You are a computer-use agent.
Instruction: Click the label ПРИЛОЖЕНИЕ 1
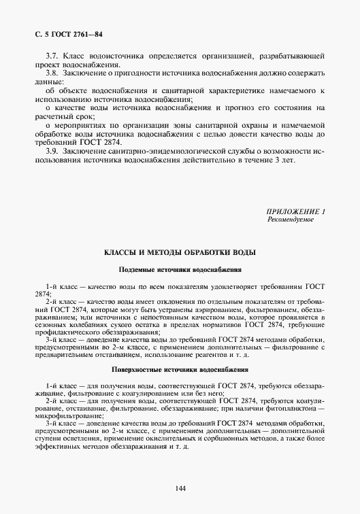pyautogui.click(x=295, y=213)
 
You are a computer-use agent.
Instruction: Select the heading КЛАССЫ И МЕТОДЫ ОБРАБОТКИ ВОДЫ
pyautogui.click(x=180, y=252)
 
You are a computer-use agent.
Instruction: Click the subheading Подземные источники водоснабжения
pyautogui.click(x=180, y=269)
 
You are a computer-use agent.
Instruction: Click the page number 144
pyautogui.click(x=180, y=487)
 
